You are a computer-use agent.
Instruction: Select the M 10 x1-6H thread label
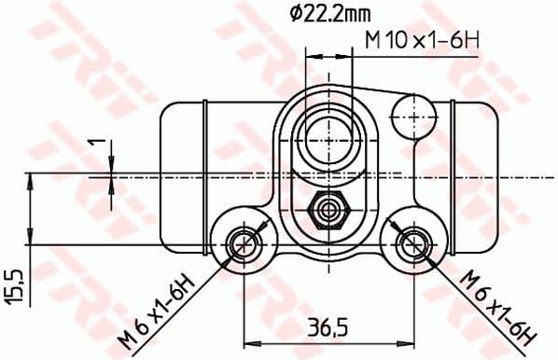tap(421, 43)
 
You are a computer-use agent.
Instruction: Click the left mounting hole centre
tap(244, 245)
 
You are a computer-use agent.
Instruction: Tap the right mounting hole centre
tap(408, 245)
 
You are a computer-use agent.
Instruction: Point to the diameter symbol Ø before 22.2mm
tap(293, 14)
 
